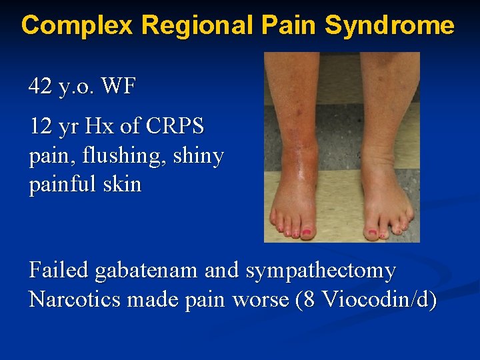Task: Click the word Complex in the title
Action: (78, 25)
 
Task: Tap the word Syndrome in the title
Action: (389, 25)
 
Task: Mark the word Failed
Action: (59, 271)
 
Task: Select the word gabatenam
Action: (147, 271)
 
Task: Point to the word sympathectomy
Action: (321, 271)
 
